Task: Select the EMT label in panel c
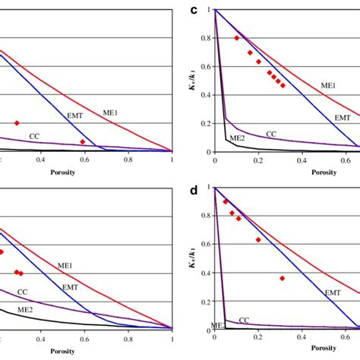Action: tap(343, 118)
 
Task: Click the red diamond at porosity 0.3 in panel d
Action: tap(282, 278)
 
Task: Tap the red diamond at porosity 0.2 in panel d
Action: tap(258, 240)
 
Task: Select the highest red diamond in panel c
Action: tap(237, 38)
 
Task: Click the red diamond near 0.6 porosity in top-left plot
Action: tap(83, 142)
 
